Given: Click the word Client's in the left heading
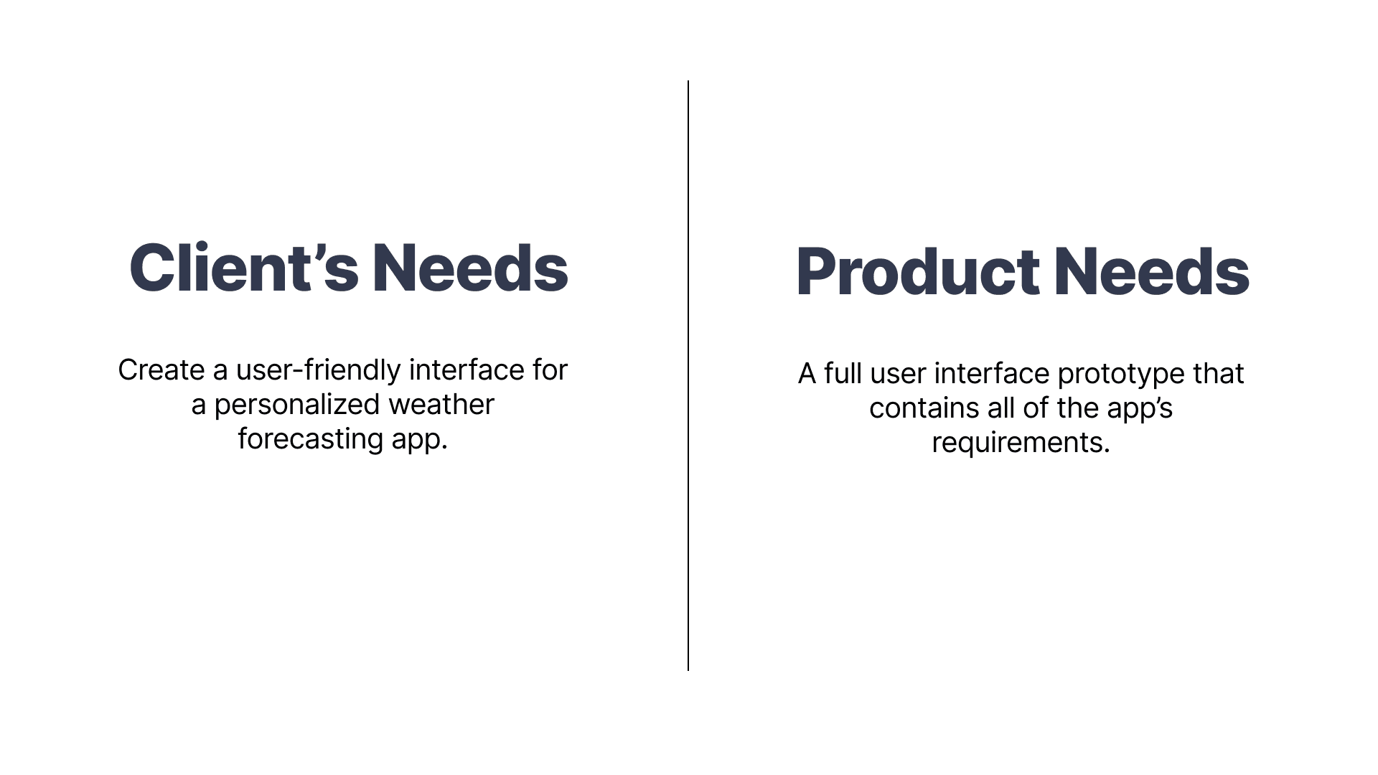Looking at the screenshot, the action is [244, 268].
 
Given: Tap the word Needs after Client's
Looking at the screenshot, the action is [470, 268].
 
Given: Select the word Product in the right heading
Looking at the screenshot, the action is [918, 271].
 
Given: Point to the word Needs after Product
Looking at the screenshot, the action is [1152, 271].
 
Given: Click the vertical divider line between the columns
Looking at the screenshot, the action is [688, 375].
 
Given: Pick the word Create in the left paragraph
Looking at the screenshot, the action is [161, 370].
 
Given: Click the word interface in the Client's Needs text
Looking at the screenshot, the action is [467, 370].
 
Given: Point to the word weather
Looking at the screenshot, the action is [441, 405].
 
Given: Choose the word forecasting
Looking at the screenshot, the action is [311, 440].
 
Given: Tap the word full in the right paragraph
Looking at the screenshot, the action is [843, 374].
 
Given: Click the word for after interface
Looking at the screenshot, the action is [550, 370].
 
